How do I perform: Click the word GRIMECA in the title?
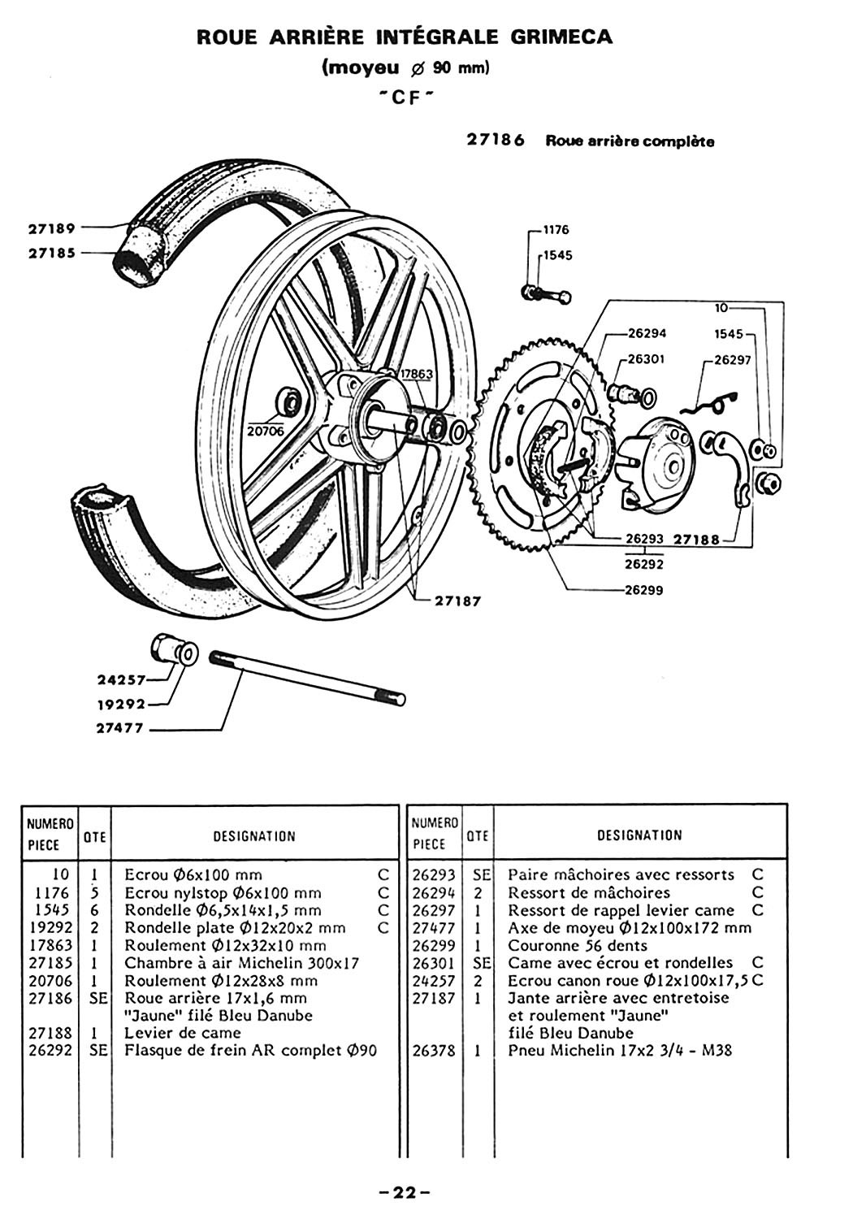tap(561, 37)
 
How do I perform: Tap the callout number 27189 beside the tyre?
tap(52, 228)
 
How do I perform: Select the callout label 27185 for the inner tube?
tap(52, 253)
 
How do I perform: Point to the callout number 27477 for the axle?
tap(119, 727)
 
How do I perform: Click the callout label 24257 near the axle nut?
tap(122, 679)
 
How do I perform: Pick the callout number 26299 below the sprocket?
tap(644, 591)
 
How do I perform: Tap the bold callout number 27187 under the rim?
tap(458, 601)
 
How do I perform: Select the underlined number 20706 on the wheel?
tap(266, 431)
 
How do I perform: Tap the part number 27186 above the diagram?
tap(496, 141)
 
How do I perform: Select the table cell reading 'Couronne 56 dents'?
tap(578, 945)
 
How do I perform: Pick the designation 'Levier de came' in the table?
tap(183, 1032)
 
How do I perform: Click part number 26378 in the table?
tap(434, 1050)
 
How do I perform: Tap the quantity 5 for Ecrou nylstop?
tap(94, 893)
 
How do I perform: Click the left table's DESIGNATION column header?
tap(254, 836)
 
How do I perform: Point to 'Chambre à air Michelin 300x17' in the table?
tap(242, 963)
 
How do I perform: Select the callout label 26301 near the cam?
tap(647, 359)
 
